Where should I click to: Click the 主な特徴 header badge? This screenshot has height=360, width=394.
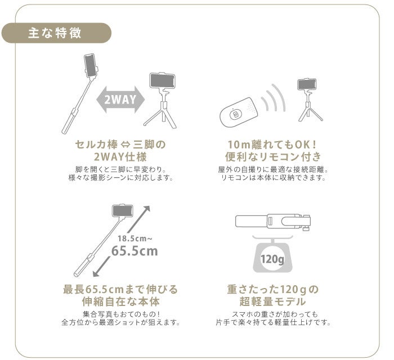click(56, 33)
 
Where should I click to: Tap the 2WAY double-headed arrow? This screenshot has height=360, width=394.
click(120, 100)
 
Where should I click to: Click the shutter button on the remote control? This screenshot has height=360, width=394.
click(235, 115)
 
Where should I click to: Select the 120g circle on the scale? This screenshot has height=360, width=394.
click(272, 259)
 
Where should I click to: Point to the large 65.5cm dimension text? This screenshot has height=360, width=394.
click(135, 250)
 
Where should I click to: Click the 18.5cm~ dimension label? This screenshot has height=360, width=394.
click(135, 238)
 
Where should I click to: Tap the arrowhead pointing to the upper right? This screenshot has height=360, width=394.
click(146, 209)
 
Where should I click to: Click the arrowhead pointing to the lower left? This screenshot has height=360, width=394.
click(97, 273)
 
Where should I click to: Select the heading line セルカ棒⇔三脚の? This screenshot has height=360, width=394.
click(120, 145)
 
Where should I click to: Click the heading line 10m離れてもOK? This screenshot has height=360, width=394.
click(272, 145)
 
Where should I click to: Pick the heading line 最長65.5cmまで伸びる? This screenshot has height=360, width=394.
click(120, 290)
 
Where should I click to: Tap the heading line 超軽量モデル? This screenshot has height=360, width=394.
click(272, 301)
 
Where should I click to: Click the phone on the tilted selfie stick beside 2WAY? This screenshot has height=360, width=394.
click(91, 66)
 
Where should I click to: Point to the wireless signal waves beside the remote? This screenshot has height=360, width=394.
click(273, 98)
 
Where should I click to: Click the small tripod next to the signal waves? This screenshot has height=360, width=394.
click(309, 100)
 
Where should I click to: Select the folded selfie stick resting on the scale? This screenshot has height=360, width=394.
click(273, 221)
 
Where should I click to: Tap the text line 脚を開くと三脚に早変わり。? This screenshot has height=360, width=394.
click(120, 169)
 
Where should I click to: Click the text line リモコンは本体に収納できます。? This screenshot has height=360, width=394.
click(273, 178)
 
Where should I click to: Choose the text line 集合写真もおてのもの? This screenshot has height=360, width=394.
click(121, 314)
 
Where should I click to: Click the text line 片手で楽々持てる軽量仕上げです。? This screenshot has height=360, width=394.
click(273, 322)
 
